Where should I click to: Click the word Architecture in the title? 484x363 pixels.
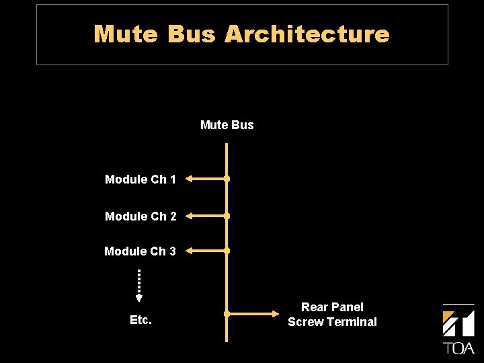307,34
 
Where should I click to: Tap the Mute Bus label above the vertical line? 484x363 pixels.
227,125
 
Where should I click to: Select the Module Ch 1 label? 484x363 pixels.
140,179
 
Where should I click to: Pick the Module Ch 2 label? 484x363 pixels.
140,216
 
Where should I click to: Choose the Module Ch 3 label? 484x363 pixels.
140,251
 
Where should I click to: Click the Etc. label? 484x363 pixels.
140,320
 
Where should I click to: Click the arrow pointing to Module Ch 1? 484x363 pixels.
206,179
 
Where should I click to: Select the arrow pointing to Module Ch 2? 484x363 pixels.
206,216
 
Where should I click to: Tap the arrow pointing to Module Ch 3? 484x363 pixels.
206,251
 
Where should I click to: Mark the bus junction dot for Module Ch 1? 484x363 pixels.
227,179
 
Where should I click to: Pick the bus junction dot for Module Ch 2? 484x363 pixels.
227,216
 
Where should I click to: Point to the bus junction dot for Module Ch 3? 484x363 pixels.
227,251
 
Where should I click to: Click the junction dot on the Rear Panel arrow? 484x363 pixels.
227,314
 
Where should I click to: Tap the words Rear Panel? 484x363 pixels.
332,307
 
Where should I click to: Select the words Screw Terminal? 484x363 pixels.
332,322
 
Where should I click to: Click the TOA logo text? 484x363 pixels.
458,348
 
